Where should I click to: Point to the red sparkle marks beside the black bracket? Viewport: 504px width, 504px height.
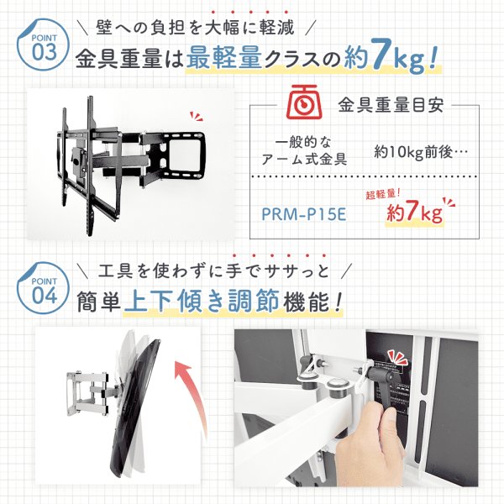195,118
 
